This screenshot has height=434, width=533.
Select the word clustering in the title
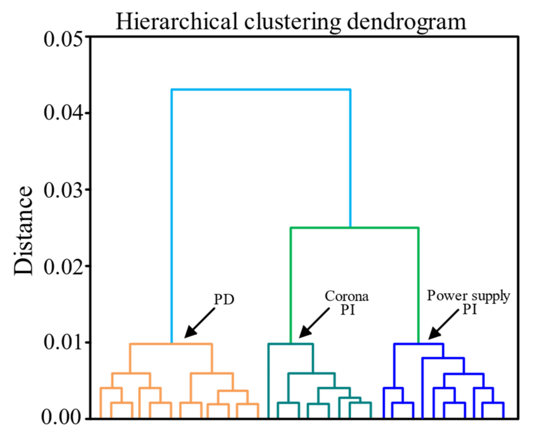pyautogui.click(x=292, y=22)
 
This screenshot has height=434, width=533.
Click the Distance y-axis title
pyautogui.click(x=23, y=230)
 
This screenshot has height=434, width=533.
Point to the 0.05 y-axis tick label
pyautogui.click(x=63, y=40)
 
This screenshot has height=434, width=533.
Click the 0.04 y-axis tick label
pyautogui.click(x=63, y=113)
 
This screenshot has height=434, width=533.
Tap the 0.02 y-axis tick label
pyautogui.click(x=63, y=266)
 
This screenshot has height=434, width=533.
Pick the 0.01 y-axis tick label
pyautogui.click(x=63, y=342)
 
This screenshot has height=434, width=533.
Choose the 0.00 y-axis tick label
pyautogui.click(x=61, y=417)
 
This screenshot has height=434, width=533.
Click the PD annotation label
pyautogui.click(x=224, y=299)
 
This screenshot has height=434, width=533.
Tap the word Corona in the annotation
pyautogui.click(x=347, y=296)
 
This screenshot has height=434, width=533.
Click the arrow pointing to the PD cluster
pyautogui.click(x=200, y=323)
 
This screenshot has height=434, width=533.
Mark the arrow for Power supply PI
pyautogui.click(x=443, y=324)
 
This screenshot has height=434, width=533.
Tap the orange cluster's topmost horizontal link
pyautogui.click(x=171, y=344)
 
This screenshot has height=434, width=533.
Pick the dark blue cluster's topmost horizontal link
pyautogui.click(x=419, y=344)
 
